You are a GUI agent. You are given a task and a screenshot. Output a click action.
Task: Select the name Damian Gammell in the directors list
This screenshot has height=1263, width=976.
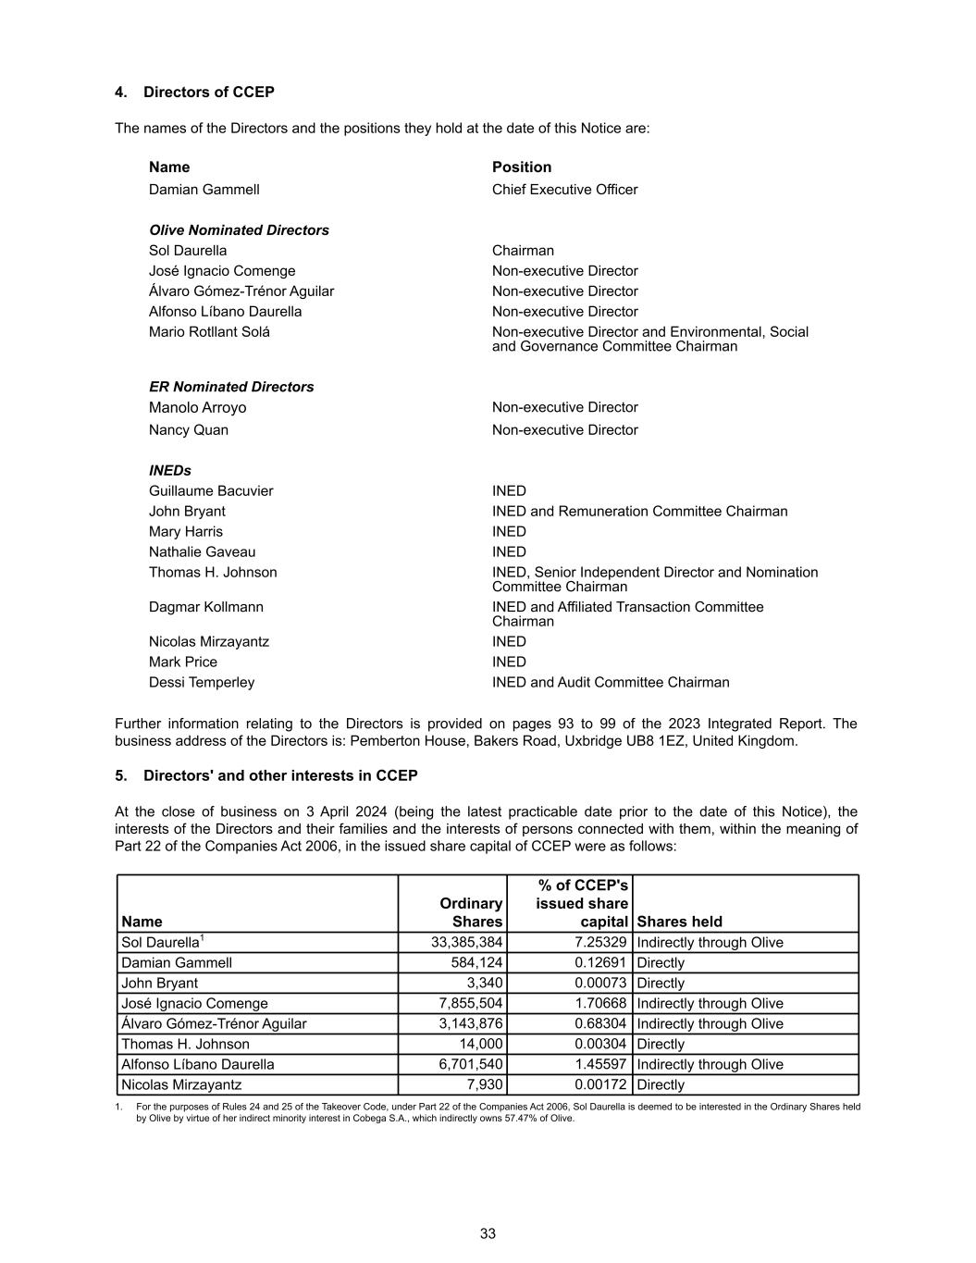point(204,190)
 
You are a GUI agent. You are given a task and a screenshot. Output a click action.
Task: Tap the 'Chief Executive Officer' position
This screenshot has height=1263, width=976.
point(564,190)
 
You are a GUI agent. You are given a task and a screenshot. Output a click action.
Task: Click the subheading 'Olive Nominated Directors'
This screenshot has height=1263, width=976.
point(239,230)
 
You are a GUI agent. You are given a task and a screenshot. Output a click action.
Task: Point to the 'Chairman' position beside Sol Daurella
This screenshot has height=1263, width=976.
point(523,251)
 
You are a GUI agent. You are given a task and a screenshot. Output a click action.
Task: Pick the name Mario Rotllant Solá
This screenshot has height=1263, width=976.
point(209,332)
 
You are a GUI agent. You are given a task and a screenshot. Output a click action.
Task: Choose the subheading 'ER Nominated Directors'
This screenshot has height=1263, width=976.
point(231,387)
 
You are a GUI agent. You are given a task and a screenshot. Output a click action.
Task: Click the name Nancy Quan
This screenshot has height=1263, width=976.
point(189,430)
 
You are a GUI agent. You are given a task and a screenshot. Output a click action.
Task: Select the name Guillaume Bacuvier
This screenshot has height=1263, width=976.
point(211,491)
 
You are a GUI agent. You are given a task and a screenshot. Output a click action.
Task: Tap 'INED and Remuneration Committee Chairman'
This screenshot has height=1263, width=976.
point(639,512)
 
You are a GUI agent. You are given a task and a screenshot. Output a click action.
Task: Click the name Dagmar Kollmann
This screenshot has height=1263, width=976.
point(205,607)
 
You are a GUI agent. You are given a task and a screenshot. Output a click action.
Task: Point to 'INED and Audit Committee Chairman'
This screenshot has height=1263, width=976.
point(611,683)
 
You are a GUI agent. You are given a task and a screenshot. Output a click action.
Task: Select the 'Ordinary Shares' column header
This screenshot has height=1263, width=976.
point(471,912)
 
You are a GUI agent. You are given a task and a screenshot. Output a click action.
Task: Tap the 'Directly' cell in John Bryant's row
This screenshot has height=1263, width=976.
point(661,984)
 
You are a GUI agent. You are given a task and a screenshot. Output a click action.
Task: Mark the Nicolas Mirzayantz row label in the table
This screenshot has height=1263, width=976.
point(181,1085)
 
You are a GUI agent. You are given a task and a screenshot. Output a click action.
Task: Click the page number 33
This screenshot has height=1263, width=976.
point(488,1233)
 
